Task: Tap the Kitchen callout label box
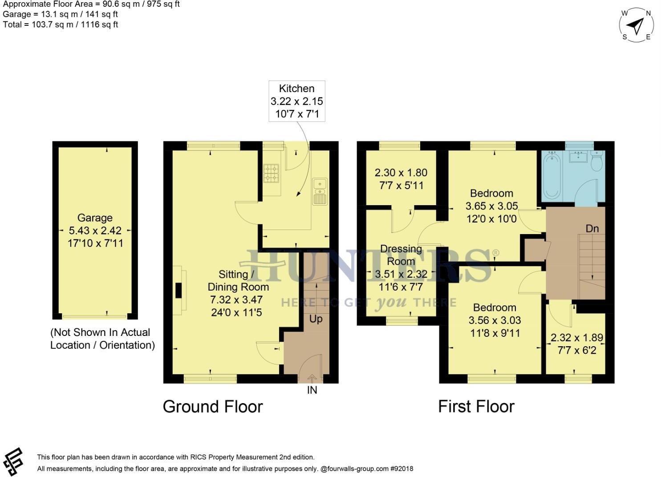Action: coord(296,101)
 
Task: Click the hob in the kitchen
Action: coord(271,174)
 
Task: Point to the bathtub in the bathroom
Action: coord(552,175)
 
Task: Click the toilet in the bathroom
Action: coord(597,162)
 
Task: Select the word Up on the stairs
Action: coord(316,319)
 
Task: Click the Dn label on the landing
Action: coord(592,228)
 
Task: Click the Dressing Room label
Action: coord(401,255)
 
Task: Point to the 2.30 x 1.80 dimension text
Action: coord(401,173)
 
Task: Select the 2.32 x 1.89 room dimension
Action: coord(576,338)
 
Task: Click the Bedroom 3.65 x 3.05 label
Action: coord(491,206)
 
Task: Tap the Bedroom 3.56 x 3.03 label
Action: coord(495,320)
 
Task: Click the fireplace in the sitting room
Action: coord(179,290)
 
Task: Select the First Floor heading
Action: coord(476,406)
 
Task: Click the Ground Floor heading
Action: coord(213,406)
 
